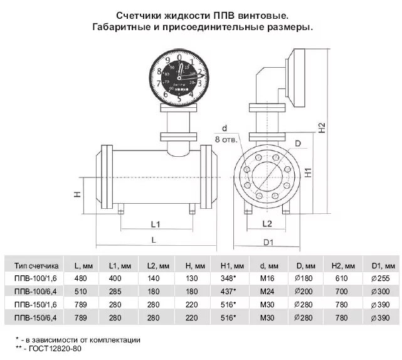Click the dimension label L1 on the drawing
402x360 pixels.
pos(156,224)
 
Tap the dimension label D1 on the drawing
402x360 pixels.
pos(270,241)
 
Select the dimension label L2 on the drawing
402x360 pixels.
pos(266,223)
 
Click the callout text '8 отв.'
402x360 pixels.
pos(225,139)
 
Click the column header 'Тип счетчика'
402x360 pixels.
pos(36,265)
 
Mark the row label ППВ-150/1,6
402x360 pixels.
pos(36,304)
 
